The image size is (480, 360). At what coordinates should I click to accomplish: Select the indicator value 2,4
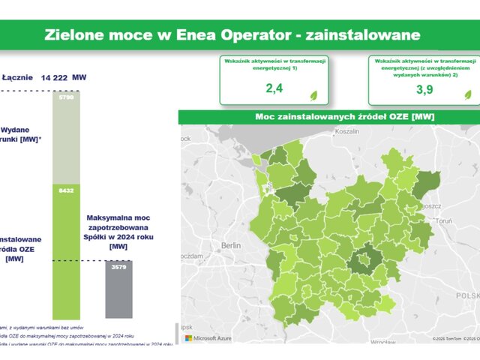point(274,89)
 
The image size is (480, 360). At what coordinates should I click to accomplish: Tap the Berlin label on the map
point(229,245)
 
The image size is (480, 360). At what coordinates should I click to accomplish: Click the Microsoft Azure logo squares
point(188,338)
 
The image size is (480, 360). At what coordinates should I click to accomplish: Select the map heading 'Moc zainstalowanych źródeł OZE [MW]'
point(329,116)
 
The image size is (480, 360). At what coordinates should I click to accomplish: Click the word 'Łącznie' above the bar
point(17,77)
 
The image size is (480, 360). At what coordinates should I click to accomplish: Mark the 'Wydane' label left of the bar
point(15,129)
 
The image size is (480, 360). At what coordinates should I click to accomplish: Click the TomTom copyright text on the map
point(448,339)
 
